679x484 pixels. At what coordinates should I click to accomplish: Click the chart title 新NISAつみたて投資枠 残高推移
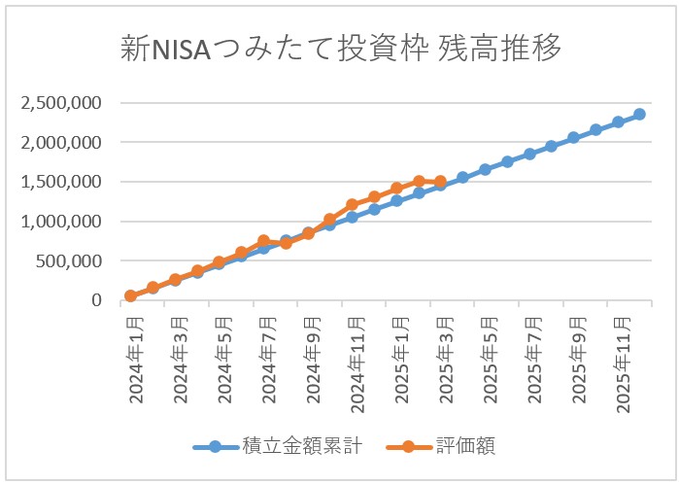click(x=341, y=47)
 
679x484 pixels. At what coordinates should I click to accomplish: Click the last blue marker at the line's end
click(x=639, y=115)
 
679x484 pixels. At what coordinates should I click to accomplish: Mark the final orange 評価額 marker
click(x=440, y=182)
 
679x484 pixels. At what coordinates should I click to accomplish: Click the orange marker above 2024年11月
click(x=352, y=205)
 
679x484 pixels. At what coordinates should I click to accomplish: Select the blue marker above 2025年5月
click(x=485, y=170)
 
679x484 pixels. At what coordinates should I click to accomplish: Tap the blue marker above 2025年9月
click(x=573, y=138)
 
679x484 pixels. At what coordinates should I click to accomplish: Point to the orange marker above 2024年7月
click(x=263, y=241)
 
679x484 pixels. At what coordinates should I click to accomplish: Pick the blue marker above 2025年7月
click(x=529, y=154)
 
